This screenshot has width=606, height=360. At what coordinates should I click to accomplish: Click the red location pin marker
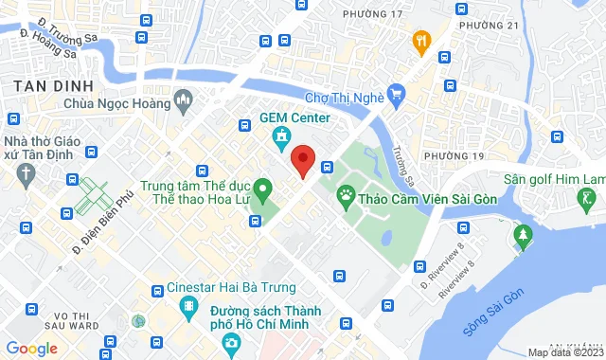(303, 160)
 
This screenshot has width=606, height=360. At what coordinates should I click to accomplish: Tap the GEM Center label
(294, 118)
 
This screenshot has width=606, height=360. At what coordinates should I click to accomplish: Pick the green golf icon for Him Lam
(587, 199)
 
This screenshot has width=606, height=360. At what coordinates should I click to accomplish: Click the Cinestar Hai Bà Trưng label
(226, 287)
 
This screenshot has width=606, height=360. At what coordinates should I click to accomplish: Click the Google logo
(30, 349)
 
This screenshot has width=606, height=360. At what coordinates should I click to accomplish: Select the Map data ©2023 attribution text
(564, 352)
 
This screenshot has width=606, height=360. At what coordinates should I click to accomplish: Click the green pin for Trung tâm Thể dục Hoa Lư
(265, 187)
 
